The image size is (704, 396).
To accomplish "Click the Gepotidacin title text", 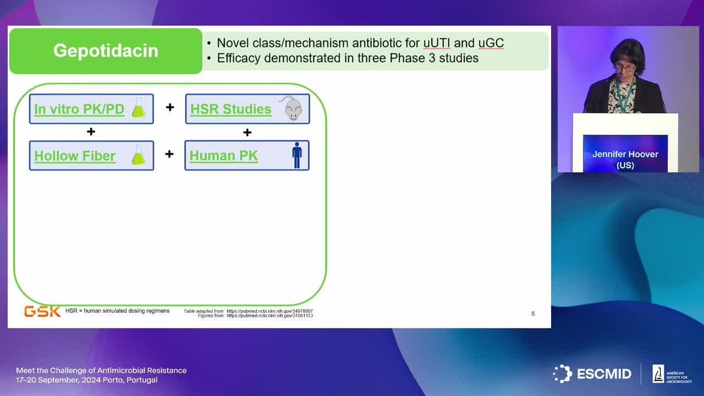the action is [x=106, y=51].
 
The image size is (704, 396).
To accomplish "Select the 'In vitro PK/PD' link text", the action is [x=79, y=109].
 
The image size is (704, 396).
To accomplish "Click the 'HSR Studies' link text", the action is [x=230, y=109].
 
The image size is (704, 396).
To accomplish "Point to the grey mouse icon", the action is [x=291, y=108].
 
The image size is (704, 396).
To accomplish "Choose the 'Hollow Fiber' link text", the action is [x=75, y=156].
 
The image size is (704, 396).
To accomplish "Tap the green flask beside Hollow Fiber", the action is [x=138, y=155].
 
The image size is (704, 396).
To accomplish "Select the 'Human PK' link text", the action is [x=223, y=156].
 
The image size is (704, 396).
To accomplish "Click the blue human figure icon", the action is [x=296, y=155].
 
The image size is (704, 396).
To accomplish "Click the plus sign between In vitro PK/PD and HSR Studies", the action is [x=170, y=107].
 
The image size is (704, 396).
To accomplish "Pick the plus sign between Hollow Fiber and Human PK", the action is [x=169, y=154].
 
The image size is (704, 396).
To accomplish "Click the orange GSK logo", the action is [x=42, y=311].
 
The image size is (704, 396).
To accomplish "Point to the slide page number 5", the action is [x=533, y=313].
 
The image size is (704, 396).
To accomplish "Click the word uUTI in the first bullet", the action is [x=437, y=43].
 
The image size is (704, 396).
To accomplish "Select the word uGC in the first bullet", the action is [x=491, y=43].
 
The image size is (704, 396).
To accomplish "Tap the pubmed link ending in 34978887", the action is [x=269, y=311].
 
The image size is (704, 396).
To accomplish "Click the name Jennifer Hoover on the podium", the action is [x=625, y=155].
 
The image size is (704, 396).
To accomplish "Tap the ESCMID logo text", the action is [x=604, y=374].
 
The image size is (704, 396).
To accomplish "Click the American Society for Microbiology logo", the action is [x=672, y=374].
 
